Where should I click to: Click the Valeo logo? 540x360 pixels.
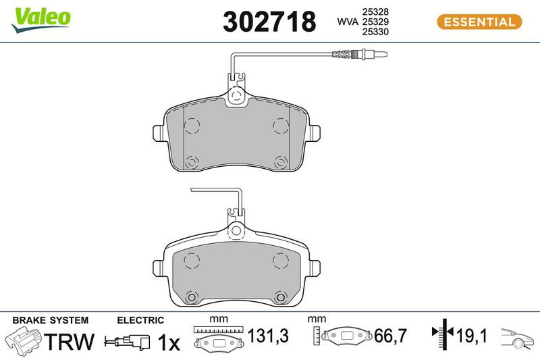point(40,20)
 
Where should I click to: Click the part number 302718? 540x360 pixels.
point(269,22)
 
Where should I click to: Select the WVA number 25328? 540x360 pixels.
point(375,11)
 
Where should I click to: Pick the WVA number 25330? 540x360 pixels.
point(375,32)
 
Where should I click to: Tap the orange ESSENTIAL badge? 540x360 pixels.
point(479,22)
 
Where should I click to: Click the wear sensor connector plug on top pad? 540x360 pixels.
point(360,54)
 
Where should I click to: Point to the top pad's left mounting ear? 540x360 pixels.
point(159,133)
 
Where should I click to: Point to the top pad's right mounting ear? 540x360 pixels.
point(314,133)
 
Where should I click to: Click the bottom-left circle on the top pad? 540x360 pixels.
point(192,162)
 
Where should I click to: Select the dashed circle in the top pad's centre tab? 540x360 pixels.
point(236,95)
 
